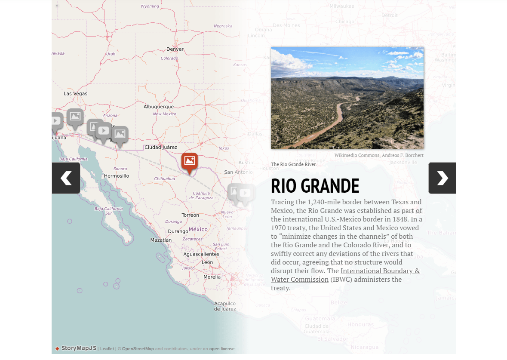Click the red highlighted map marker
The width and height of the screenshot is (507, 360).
(189, 162)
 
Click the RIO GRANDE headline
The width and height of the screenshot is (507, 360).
(315, 186)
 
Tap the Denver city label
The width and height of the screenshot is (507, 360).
(175, 49)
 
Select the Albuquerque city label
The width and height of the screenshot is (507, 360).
(159, 107)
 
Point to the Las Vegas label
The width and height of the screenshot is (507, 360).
(75, 93)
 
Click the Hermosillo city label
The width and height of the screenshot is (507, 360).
(117, 176)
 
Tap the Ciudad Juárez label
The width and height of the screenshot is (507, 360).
(161, 147)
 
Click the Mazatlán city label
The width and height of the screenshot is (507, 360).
(161, 240)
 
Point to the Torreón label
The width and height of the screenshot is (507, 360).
(190, 215)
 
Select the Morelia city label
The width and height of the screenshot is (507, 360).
(212, 277)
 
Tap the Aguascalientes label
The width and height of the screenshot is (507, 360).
(201, 254)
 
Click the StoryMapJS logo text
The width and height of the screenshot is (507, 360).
(79, 348)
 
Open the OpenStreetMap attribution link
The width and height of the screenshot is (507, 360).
(138, 349)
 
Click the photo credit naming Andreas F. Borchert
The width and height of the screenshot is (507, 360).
(379, 155)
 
